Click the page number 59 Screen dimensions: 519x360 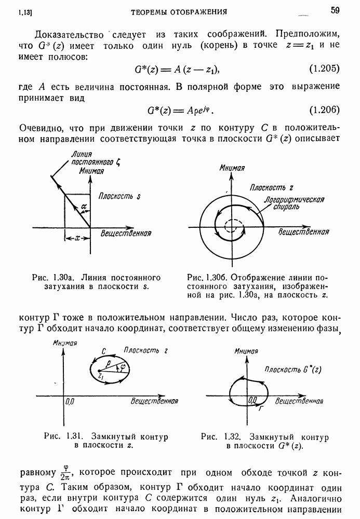[x=334, y=9]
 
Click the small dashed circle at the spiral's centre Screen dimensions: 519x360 [x=230, y=226]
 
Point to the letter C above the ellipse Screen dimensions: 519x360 [x=104, y=351]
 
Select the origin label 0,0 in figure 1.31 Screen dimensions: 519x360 [x=71, y=401]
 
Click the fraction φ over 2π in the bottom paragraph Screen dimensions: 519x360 [x=65, y=472]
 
